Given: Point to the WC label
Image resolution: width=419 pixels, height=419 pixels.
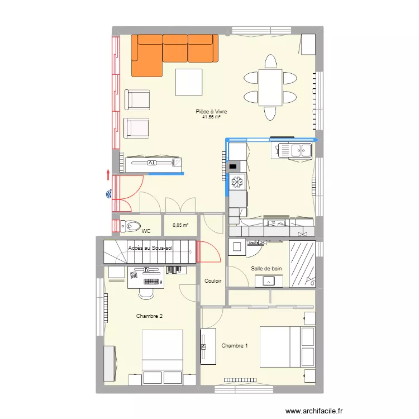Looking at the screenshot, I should coord(146,230).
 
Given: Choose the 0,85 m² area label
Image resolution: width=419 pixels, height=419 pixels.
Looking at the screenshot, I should coord(180,225).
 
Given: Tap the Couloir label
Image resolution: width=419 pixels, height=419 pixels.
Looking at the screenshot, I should coord(213,281).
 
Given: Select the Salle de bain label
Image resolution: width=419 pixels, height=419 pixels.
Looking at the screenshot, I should coord(266,268).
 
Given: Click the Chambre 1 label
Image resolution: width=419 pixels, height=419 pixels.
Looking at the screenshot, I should coord(234,346).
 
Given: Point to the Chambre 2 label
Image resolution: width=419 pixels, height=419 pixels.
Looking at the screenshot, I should coord(149,316).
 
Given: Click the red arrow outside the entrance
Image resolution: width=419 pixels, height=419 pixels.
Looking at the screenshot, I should coord(108,174).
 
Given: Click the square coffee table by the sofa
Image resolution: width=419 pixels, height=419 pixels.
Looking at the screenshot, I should coord(188,82).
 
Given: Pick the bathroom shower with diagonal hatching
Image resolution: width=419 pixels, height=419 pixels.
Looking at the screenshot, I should coord(302,264).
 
